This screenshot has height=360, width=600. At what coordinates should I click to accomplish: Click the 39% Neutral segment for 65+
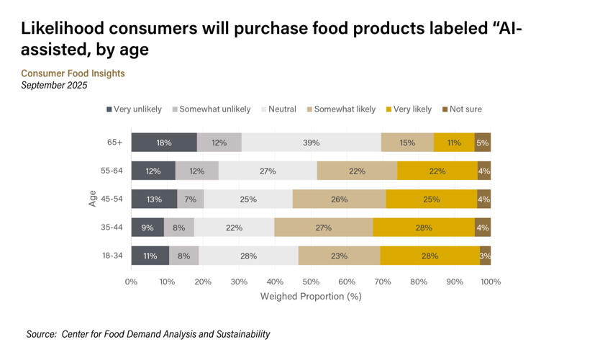(x=311, y=143)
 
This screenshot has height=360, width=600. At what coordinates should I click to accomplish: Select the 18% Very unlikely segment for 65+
(x=164, y=143)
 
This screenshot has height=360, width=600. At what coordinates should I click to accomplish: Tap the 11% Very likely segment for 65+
(x=454, y=143)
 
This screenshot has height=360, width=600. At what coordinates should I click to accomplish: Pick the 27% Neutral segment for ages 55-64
(x=268, y=171)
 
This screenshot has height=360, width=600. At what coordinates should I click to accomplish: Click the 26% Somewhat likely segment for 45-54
(x=339, y=199)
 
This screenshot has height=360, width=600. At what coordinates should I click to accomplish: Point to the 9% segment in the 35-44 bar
(x=147, y=228)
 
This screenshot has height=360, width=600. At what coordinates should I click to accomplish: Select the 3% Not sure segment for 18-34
(x=486, y=256)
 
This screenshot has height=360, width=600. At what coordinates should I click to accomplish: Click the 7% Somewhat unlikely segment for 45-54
(x=191, y=199)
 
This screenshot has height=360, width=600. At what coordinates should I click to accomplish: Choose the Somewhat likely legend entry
(x=341, y=109)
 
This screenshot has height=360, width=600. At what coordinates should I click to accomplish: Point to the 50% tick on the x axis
(x=311, y=282)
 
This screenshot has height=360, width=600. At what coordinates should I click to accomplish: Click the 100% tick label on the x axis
(x=491, y=282)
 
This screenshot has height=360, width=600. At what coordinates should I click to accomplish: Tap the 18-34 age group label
(x=113, y=256)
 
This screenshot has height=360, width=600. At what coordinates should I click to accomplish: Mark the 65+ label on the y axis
(x=115, y=143)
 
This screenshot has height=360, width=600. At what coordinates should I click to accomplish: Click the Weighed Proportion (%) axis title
(x=311, y=296)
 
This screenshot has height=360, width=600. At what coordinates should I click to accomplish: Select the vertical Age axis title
(x=93, y=199)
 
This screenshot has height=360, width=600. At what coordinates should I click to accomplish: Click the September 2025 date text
(x=54, y=85)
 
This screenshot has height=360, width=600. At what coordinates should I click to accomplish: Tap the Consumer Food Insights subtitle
(x=73, y=73)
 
